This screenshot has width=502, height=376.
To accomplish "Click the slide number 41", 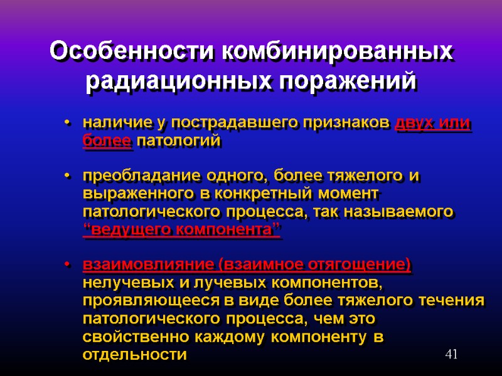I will point(451,355).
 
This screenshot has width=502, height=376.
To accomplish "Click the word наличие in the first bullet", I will point(109,123).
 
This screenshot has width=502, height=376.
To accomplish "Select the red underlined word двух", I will point(415,123).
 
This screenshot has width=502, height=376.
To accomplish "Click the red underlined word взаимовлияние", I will point(147,266).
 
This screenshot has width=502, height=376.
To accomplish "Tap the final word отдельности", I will point(134,355).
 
